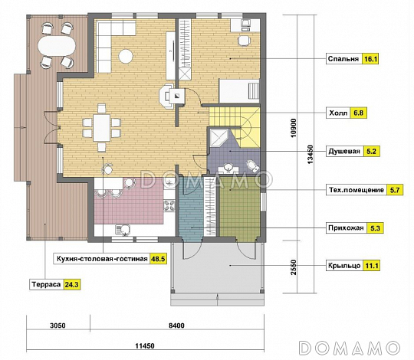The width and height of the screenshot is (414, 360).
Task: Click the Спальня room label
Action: pyautogui.click(x=343, y=59)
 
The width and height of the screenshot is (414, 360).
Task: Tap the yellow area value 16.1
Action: pyautogui.click(x=370, y=59)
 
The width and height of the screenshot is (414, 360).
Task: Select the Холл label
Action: pyautogui.click(x=338, y=113)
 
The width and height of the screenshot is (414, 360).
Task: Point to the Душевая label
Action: pyautogui.click(x=344, y=152)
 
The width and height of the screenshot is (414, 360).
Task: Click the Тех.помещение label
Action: pyautogui.click(x=356, y=190)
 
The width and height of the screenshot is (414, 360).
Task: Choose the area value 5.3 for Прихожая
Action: pyautogui.click(x=375, y=228)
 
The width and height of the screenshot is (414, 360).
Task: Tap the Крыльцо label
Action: pyautogui.click(x=344, y=265)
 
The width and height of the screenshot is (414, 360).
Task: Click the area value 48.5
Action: pyautogui.click(x=158, y=259)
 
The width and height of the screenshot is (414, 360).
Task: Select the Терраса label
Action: pyautogui.click(x=46, y=285)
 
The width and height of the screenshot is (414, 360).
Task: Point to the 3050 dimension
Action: pyautogui.click(x=58, y=326)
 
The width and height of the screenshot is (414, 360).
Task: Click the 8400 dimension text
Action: pyautogui.click(x=176, y=326)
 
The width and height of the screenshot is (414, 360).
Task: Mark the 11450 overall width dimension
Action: pyautogui.click(x=145, y=345)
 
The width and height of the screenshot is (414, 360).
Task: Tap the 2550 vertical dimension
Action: pyautogui.click(x=294, y=267)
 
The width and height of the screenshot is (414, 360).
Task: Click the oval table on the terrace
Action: pyautogui.click(x=57, y=46)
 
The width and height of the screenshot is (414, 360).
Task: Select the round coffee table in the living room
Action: pyautogui.click(x=126, y=56)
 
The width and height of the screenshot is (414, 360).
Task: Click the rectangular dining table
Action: pyautogui.click(x=102, y=127)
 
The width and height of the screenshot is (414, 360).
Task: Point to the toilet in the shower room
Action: pyautogui.click(x=253, y=165)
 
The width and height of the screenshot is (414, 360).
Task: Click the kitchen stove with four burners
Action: pyautogui.click(x=169, y=206)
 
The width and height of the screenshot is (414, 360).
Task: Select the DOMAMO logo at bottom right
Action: pyautogui.click(x=350, y=348)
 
